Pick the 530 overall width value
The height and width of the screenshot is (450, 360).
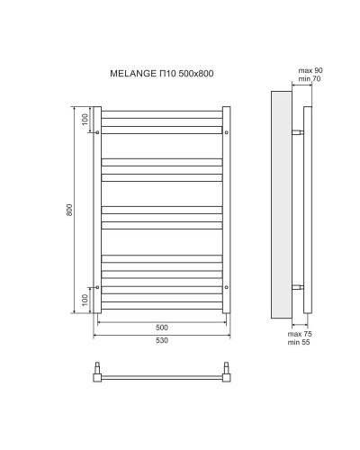(x=161, y=341)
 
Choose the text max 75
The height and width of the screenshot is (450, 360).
(x=298, y=334)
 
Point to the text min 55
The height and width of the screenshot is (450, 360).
(x=298, y=343)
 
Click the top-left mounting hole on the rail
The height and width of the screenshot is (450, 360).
(x=97, y=132)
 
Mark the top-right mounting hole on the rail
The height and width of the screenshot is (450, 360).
(x=226, y=132)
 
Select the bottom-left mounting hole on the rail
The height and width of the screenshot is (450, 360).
(x=97, y=287)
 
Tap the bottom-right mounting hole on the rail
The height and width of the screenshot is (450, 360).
(x=226, y=287)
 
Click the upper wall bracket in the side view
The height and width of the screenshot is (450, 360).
(x=298, y=132)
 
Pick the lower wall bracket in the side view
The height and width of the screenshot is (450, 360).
(x=298, y=287)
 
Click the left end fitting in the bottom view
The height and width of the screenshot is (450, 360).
(x=99, y=373)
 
